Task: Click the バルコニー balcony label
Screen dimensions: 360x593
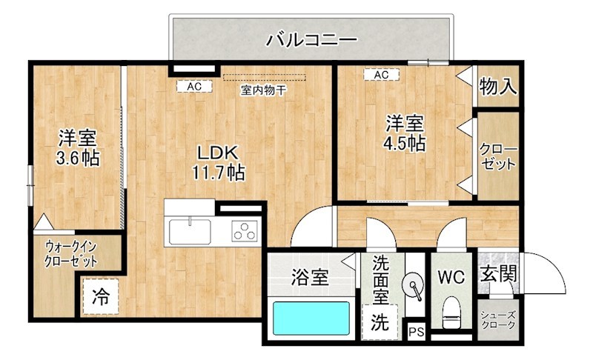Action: (312, 39)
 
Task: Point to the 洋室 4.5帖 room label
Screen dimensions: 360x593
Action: (404, 133)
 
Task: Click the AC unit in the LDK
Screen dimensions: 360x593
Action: (194, 87)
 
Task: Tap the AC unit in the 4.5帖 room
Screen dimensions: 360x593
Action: (381, 75)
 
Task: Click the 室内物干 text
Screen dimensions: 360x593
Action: (263, 90)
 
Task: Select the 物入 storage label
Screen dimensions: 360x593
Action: (497, 87)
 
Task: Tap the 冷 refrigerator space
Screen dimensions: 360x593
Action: (100, 298)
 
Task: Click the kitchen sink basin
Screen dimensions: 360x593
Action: (191, 230)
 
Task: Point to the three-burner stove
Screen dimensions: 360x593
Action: (244, 231)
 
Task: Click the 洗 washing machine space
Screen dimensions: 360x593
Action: (379, 322)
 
